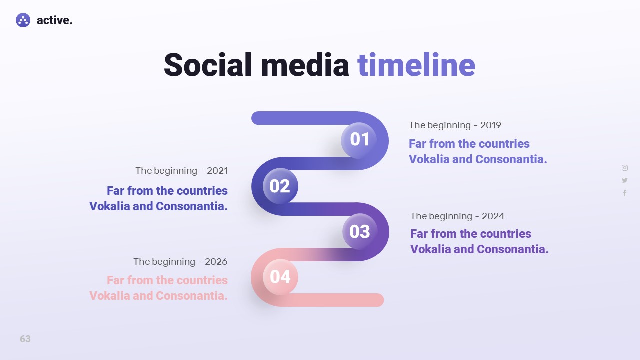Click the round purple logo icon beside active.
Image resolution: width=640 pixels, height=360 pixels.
[x=23, y=20]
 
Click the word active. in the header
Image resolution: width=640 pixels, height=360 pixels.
[x=55, y=20]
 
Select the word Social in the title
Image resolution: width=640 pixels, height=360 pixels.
[x=207, y=65]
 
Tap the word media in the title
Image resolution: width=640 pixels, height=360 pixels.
[x=305, y=65]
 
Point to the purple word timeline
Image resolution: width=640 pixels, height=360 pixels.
[x=416, y=65]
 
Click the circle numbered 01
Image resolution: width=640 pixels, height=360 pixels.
[x=359, y=140]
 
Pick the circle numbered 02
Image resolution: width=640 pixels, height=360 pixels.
[x=280, y=186]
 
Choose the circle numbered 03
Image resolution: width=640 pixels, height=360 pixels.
[x=360, y=231]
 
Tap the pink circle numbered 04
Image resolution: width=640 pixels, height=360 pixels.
[x=280, y=277]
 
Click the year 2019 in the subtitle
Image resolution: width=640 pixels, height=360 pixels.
[x=491, y=125]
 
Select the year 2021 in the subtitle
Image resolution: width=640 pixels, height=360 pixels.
[x=217, y=171]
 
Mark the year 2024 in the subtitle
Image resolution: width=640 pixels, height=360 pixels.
[x=493, y=216]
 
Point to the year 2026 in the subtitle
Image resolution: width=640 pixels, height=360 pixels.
[x=216, y=261]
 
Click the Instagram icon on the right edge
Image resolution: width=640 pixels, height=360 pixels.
[x=625, y=168]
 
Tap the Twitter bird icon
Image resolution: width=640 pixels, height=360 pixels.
[x=625, y=180]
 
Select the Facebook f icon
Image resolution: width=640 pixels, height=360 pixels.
[x=625, y=193]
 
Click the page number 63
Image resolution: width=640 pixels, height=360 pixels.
[x=25, y=339]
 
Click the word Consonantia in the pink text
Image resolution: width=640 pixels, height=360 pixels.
[x=192, y=296]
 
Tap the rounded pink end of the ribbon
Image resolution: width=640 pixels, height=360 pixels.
[x=377, y=300]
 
